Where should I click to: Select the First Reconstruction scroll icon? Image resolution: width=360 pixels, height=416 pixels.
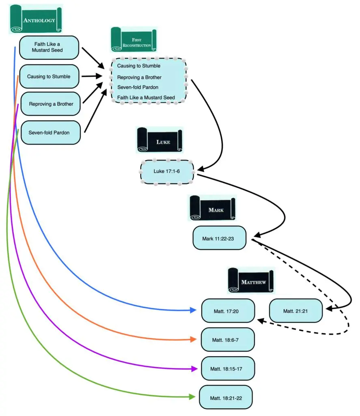[134, 40]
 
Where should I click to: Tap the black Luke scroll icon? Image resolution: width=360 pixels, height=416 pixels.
[159, 140]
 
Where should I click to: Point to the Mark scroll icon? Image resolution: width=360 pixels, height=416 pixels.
[212, 208]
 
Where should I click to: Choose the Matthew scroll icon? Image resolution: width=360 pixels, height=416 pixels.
[251, 281]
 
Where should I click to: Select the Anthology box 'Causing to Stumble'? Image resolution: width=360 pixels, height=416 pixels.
[49, 76]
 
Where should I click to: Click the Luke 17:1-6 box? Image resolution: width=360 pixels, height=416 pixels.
[167, 171]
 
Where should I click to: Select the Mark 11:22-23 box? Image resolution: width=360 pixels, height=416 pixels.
[219, 238]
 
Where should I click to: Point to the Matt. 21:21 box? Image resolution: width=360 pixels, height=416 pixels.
[296, 311]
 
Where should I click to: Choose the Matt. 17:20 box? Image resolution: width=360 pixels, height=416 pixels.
[228, 311]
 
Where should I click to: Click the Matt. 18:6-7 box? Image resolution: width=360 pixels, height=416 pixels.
[228, 339]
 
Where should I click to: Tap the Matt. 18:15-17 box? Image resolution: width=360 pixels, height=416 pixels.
[228, 368]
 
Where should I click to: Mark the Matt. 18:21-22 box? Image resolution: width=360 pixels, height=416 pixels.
[226, 397]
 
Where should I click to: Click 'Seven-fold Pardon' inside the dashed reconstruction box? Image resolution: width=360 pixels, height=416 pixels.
[138, 87]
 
